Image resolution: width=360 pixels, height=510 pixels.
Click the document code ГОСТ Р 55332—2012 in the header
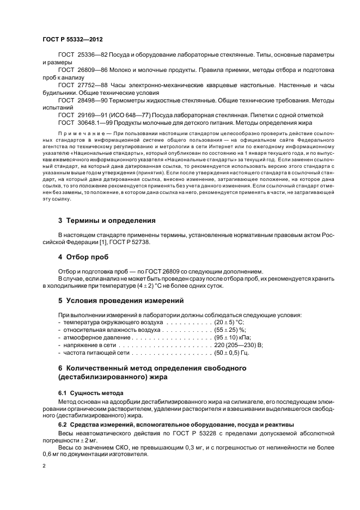point(72,40)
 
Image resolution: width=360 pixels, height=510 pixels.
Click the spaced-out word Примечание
point(79,133)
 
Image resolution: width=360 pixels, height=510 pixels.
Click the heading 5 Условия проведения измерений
point(120,300)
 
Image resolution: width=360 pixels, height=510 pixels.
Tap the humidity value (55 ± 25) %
point(231,330)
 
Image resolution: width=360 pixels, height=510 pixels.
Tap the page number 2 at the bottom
point(44,466)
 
